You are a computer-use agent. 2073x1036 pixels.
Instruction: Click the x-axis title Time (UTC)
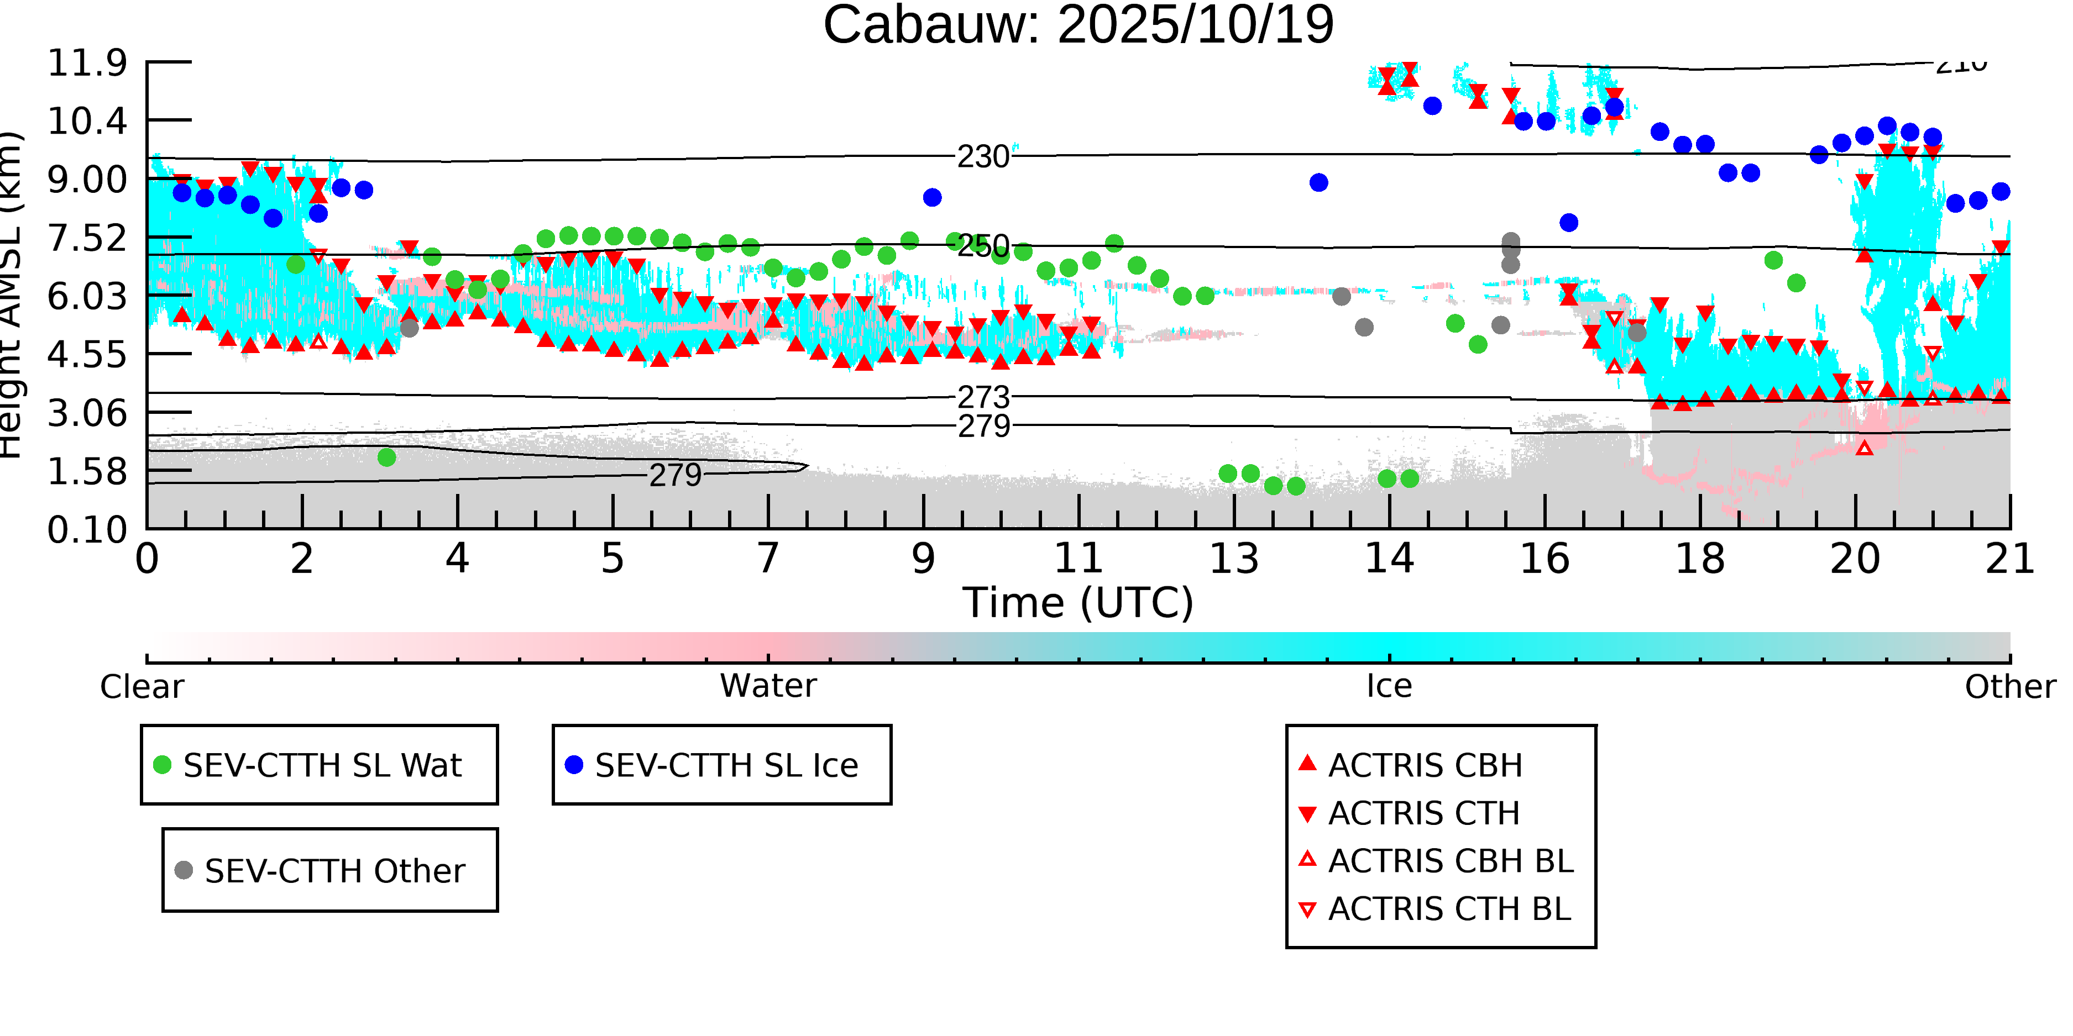pyautogui.click(x=1077, y=602)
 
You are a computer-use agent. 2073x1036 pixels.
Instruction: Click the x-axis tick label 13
pyautogui.click(x=1234, y=558)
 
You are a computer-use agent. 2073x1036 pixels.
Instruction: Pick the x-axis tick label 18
pyautogui.click(x=1700, y=558)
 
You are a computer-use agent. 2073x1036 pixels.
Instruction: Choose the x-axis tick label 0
pyautogui.click(x=147, y=558)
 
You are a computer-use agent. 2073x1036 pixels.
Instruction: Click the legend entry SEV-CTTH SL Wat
pyautogui.click(x=322, y=765)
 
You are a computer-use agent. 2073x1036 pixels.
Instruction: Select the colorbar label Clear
pyautogui.click(x=142, y=687)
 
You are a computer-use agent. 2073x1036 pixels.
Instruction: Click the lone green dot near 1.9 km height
pyautogui.click(x=386, y=457)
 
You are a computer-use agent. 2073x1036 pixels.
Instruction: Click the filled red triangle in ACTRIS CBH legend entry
pyautogui.click(x=1308, y=764)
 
